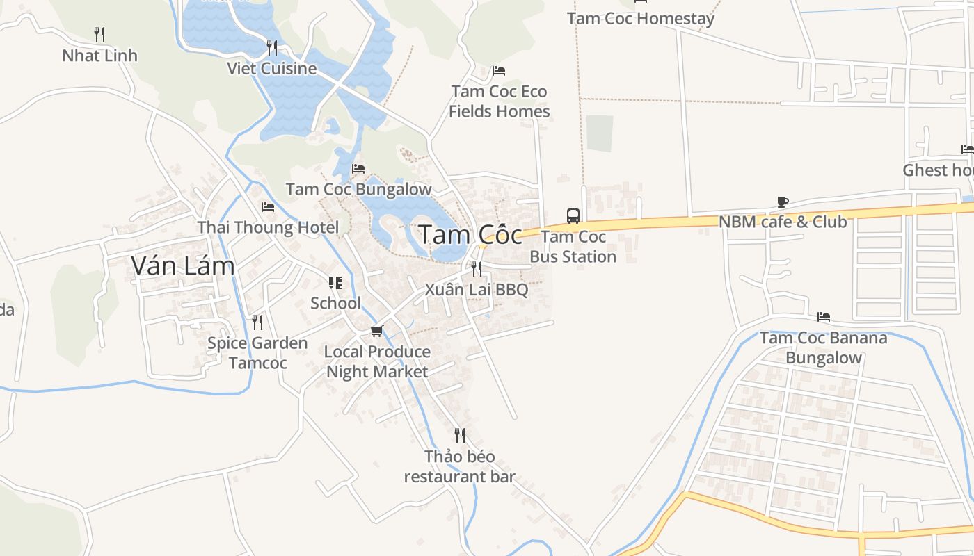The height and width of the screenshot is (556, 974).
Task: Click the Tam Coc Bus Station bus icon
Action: pyautogui.click(x=573, y=215)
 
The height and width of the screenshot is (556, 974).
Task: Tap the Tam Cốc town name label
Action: pyautogui.click(x=470, y=235)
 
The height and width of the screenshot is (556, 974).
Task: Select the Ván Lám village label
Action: pyautogui.click(x=183, y=265)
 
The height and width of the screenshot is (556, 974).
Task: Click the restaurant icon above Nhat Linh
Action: pyautogui.click(x=99, y=34)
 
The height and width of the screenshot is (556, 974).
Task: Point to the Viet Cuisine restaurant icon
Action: pyautogui.click(x=272, y=47)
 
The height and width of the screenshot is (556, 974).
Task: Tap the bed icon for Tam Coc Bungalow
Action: pyautogui.click(x=358, y=168)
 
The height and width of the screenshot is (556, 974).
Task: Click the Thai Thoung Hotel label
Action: pyautogui.click(x=268, y=227)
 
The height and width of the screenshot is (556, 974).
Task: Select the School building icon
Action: pyautogui.click(x=335, y=283)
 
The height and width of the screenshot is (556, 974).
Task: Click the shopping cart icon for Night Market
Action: pyautogui.click(x=376, y=331)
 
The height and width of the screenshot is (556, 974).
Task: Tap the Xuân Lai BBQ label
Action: pyautogui.click(x=477, y=289)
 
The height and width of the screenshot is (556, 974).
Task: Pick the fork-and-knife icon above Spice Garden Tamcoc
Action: pyautogui.click(x=257, y=322)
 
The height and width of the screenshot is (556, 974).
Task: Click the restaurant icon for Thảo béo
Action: pyautogui.click(x=460, y=436)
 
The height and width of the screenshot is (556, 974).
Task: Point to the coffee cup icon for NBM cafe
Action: pyautogui.click(x=782, y=202)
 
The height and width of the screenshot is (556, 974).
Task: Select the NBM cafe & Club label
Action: pyautogui.click(x=782, y=222)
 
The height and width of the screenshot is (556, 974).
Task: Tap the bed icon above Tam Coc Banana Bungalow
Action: pyautogui.click(x=824, y=317)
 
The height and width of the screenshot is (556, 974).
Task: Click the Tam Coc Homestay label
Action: pyautogui.click(x=640, y=19)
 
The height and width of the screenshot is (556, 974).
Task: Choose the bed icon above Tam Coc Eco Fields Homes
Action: pyautogui.click(x=498, y=71)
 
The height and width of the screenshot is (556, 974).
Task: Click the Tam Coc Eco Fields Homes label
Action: pyautogui.click(x=499, y=101)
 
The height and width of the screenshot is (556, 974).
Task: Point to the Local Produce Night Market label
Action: pyautogui.click(x=377, y=361)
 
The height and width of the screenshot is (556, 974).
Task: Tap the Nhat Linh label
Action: pyautogui.click(x=99, y=56)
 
